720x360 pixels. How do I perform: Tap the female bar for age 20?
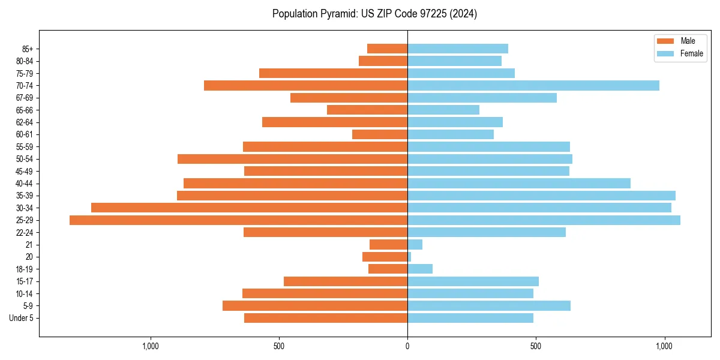point(409,257)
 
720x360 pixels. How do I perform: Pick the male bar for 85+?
point(387,49)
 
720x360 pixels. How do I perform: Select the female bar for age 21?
point(415,245)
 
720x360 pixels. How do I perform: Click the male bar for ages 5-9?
point(315,306)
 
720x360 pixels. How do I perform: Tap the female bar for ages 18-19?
point(420,269)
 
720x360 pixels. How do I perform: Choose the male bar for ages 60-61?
point(380,134)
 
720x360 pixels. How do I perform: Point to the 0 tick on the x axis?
point(407,346)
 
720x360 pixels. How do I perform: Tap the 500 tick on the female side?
point(536,346)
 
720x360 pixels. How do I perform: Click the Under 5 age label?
point(21,318)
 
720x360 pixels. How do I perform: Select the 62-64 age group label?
point(25,122)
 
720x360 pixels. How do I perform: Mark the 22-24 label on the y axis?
point(25,233)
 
